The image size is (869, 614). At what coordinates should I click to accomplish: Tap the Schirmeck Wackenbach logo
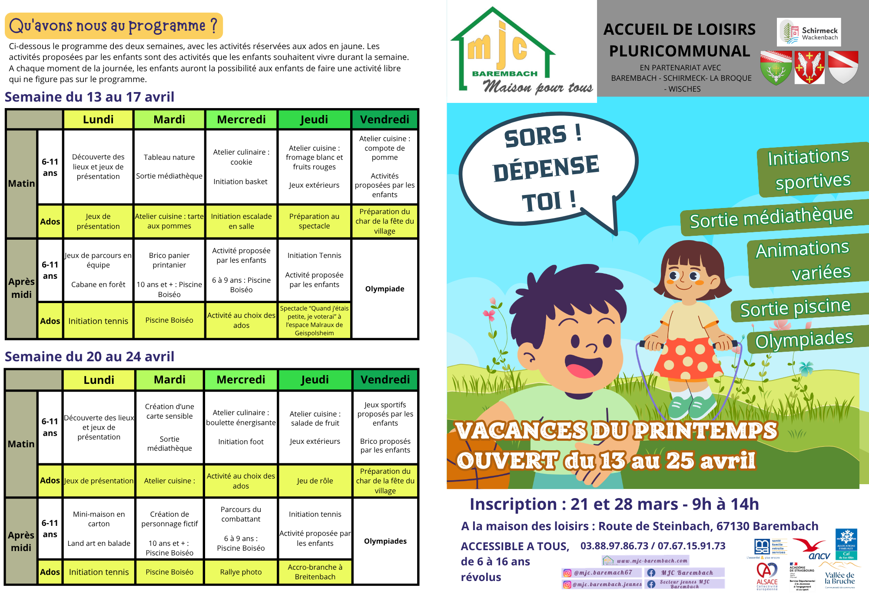click(x=809, y=32)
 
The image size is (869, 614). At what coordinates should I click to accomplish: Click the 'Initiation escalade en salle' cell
click(x=241, y=221)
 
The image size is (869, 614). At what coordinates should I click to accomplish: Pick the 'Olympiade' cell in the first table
click(x=385, y=289)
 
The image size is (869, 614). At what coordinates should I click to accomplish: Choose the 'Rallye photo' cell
click(x=241, y=572)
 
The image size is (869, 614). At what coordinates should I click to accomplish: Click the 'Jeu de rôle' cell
click(x=315, y=481)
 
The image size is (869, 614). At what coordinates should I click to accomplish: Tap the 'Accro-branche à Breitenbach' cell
click(x=315, y=572)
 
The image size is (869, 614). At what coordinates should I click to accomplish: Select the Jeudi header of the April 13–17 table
click(x=314, y=119)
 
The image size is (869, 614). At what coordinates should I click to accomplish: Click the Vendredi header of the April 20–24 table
click(x=385, y=380)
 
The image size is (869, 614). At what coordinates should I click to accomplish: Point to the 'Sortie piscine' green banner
click(x=795, y=307)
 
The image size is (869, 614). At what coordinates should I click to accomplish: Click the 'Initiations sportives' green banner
click(x=809, y=169)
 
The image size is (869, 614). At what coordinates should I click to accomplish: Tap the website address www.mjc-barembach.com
click(x=652, y=561)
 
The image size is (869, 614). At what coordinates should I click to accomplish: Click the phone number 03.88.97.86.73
click(x=614, y=546)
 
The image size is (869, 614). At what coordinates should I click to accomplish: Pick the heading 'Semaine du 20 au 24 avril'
click(x=90, y=357)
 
